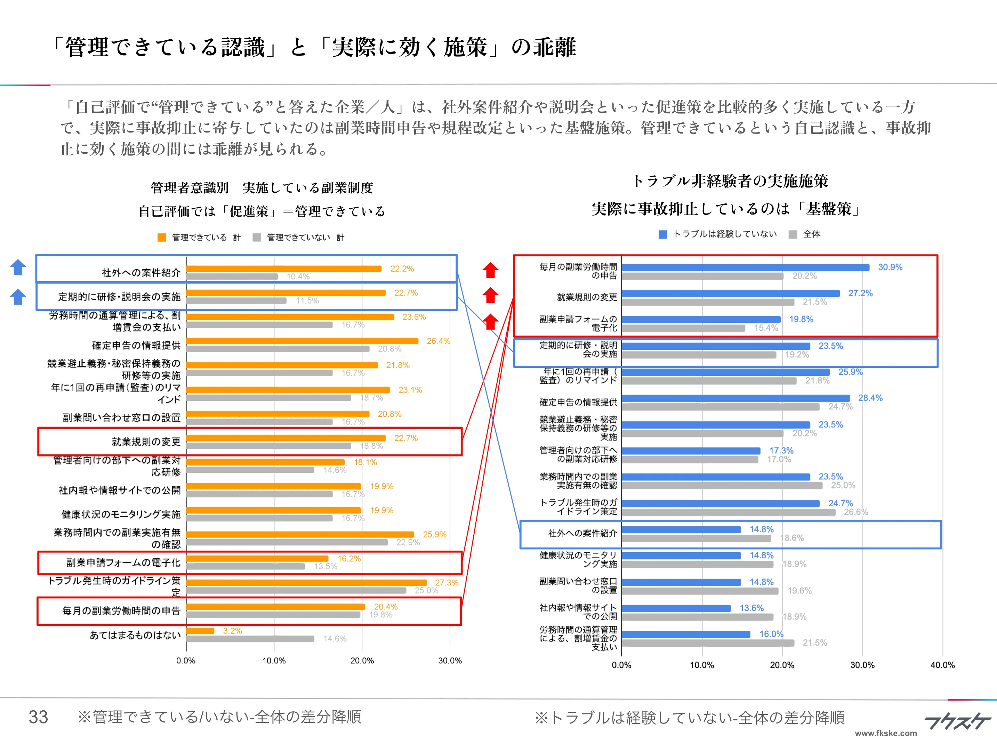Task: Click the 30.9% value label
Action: (890, 267)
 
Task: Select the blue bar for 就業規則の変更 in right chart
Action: (730, 293)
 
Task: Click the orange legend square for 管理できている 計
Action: (162, 237)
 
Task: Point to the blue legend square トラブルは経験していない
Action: (662, 234)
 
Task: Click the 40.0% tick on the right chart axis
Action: (942, 665)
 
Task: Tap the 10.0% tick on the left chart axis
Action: (274, 661)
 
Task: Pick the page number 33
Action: (38, 717)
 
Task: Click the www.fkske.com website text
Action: (886, 733)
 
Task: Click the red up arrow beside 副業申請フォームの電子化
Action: (490, 322)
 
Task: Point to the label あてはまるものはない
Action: (135, 635)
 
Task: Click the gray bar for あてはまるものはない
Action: (250, 639)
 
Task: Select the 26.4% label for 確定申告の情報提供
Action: (438, 341)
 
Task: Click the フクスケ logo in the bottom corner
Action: (957, 721)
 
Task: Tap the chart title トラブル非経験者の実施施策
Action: (730, 181)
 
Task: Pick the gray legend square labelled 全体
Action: (793, 234)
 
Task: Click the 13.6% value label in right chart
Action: (751, 608)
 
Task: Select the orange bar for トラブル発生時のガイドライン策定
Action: (306, 582)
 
